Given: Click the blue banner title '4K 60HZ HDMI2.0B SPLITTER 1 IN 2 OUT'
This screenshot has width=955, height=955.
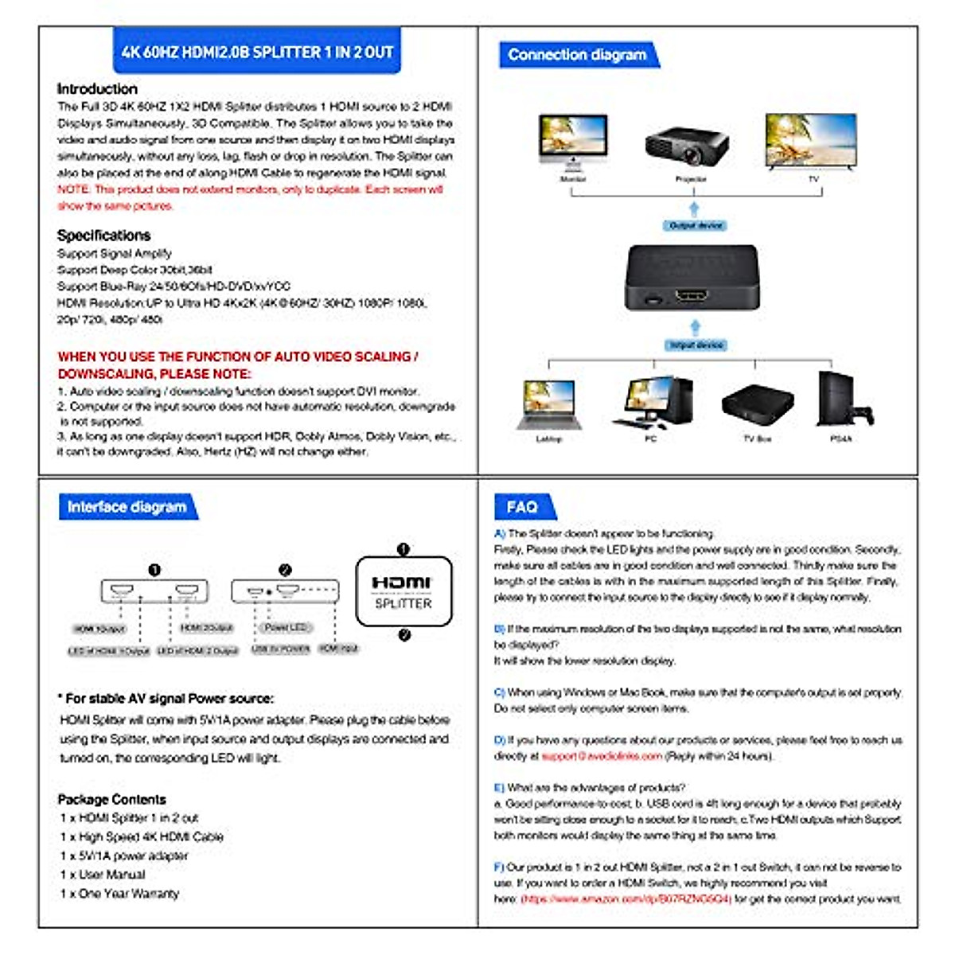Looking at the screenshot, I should [256, 53].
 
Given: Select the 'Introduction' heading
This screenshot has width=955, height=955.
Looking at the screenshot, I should [97, 89].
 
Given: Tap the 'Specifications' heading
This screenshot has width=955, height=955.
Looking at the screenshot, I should [103, 236].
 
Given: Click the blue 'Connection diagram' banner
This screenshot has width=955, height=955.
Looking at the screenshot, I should [577, 55].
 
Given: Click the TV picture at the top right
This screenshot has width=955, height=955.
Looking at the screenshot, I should [810, 141].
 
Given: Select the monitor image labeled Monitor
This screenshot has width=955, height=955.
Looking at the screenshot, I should [573, 141].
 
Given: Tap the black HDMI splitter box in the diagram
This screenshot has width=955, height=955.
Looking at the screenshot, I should [692, 278].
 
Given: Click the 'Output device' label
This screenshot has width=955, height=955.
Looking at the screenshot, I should [696, 226].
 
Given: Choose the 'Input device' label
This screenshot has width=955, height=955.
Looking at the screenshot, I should [696, 345].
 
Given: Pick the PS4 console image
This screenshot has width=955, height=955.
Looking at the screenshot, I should [837, 400].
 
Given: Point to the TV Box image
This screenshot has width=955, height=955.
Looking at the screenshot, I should [758, 403].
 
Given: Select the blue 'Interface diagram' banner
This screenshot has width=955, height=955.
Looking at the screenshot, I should [127, 507].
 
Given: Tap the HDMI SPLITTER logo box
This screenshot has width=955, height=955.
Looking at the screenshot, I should [403, 591].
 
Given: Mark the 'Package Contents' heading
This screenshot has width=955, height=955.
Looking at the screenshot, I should [112, 800].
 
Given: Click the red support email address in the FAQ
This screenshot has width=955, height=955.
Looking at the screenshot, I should [602, 756].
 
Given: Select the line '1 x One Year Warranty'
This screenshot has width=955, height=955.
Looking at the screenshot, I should [119, 894].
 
